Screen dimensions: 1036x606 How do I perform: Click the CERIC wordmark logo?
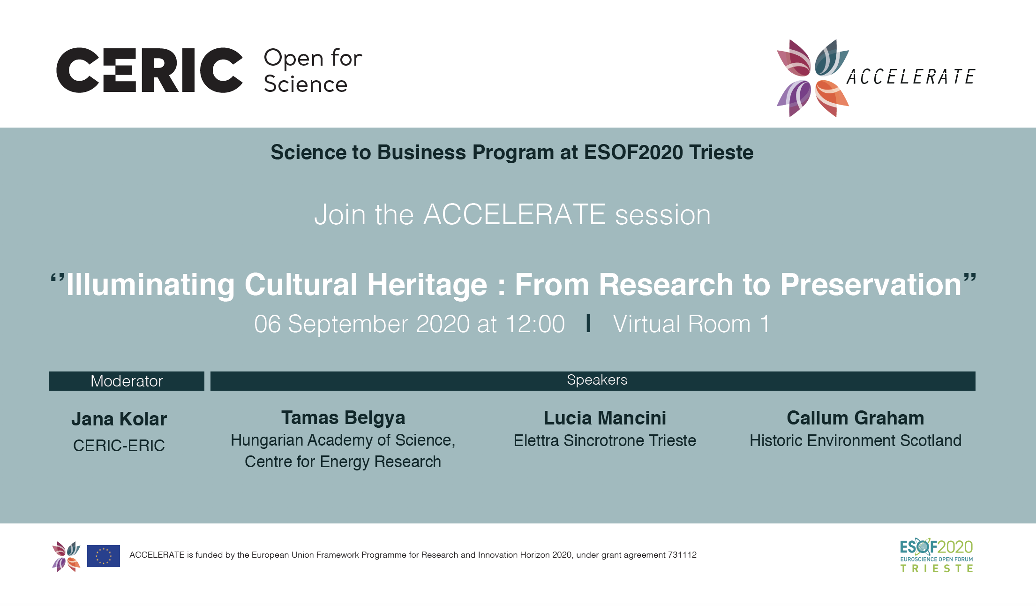pyautogui.click(x=150, y=70)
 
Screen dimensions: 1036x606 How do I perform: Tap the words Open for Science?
pyautogui.click(x=313, y=71)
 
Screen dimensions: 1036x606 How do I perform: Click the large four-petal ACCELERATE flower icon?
pyautogui.click(x=813, y=78)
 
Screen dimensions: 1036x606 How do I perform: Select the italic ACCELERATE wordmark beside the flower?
pyautogui.click(x=910, y=77)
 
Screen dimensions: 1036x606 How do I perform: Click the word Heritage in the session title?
pyautogui.click(x=427, y=285)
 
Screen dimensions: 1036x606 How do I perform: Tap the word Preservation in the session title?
pyautogui.click(x=871, y=285)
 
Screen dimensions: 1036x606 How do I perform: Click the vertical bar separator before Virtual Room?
pyautogui.click(x=588, y=324)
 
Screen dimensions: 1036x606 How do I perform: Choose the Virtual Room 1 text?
pyautogui.click(x=691, y=324)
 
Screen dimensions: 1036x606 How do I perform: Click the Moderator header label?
pyautogui.click(x=127, y=381)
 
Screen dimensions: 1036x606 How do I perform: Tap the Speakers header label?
pyautogui.click(x=597, y=380)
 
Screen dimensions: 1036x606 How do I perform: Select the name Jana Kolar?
pyautogui.click(x=119, y=419)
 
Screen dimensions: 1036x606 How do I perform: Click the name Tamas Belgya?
pyautogui.click(x=343, y=418)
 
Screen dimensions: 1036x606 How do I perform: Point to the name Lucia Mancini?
pyautogui.click(x=605, y=418)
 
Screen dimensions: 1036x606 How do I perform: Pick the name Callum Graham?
pyautogui.click(x=856, y=418)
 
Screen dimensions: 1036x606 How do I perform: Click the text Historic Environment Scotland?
pyautogui.click(x=856, y=440)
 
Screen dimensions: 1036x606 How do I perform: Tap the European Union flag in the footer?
pyautogui.click(x=104, y=556)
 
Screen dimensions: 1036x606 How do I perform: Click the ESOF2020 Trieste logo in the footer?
pyautogui.click(x=937, y=555)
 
